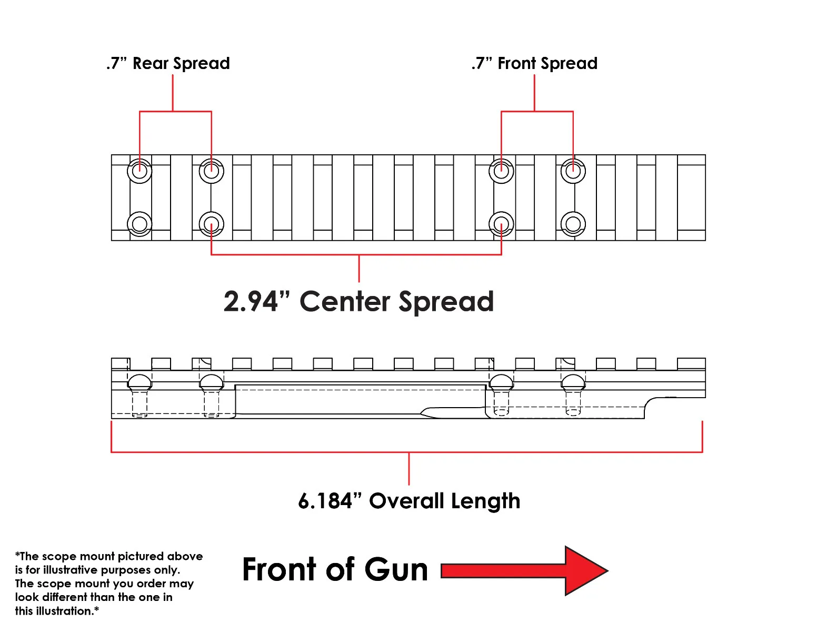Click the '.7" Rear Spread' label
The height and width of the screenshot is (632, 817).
pos(168,64)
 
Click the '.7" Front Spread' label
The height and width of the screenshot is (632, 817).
pos(534,64)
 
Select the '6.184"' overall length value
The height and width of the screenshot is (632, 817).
pos(330,501)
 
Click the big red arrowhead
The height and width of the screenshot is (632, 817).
pos(586,571)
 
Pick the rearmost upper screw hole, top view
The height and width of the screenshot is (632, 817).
pos(140,171)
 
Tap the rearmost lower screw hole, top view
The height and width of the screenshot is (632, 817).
pos(140,224)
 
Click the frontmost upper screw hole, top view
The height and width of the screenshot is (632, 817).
pos(573,171)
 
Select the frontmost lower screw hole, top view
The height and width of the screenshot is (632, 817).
pos(573,224)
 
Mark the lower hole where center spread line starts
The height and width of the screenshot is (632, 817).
pos(212,224)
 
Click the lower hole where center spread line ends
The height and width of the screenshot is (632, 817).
pos(501,224)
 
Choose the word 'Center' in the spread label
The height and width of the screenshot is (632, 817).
pos(345,302)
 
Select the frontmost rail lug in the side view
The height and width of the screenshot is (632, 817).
pos(691,363)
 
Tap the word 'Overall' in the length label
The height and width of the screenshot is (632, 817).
pos(406,501)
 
